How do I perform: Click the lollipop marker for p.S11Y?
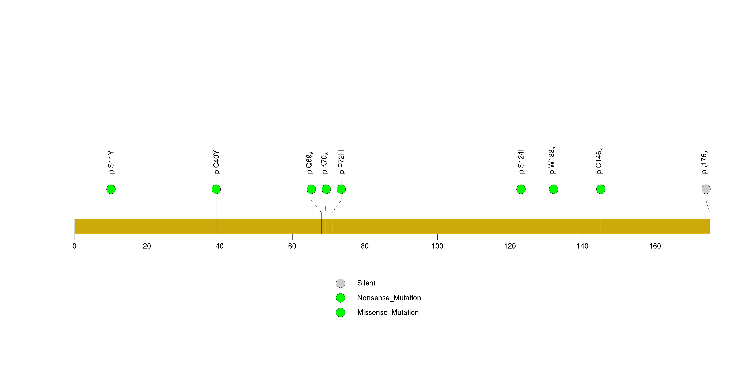(x=111, y=189)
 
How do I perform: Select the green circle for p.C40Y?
(x=216, y=189)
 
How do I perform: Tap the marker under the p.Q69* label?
(x=311, y=189)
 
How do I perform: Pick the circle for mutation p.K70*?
(x=326, y=189)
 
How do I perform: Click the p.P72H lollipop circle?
(x=341, y=189)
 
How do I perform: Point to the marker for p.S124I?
(x=521, y=189)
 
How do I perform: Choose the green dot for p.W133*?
(x=554, y=189)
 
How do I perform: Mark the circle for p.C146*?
(x=601, y=189)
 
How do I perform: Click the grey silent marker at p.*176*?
(x=706, y=189)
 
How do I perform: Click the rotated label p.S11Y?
(x=111, y=162)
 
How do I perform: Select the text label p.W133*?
(x=552, y=160)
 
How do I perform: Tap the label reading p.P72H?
(x=341, y=162)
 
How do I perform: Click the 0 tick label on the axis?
(x=75, y=246)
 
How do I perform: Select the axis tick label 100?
(x=437, y=246)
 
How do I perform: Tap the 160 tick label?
(x=655, y=246)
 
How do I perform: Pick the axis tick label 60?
(x=292, y=246)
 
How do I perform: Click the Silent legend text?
(x=366, y=283)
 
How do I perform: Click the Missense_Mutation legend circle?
(x=341, y=312)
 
